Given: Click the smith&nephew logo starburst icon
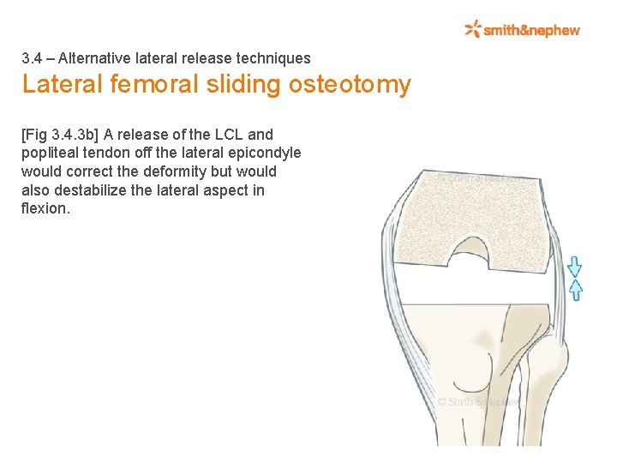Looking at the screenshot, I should tap(473, 30).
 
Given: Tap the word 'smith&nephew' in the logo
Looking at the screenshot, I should tap(531, 31).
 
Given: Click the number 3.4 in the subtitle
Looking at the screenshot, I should tap(32, 59).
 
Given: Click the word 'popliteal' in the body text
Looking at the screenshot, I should tap(51, 153).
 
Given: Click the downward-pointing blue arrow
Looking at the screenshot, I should tap(575, 266).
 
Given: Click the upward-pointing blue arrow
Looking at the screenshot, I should tap(575, 289).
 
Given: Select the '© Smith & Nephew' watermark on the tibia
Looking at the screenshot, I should tap(477, 401).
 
